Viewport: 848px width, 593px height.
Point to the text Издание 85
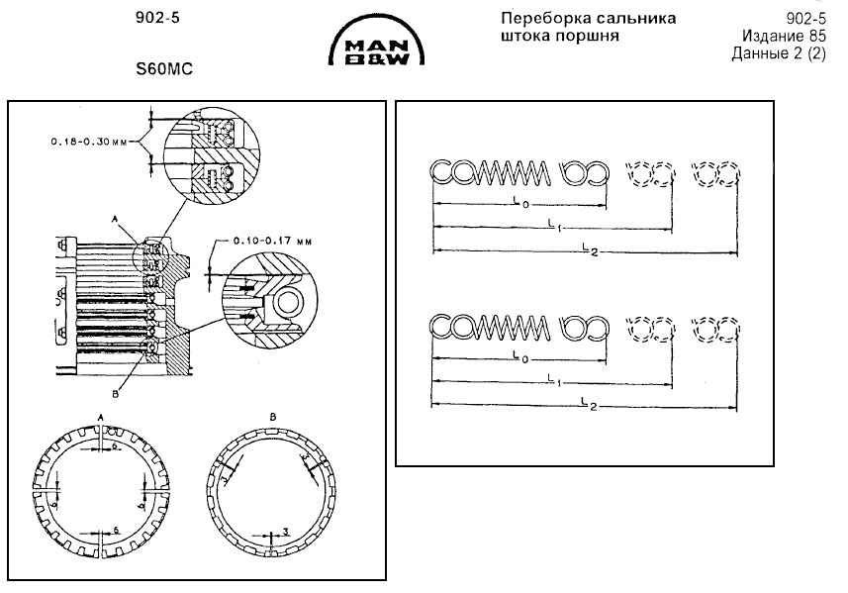[x=783, y=36]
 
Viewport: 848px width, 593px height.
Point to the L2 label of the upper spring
[x=587, y=247]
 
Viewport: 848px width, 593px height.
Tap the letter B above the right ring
[x=271, y=417]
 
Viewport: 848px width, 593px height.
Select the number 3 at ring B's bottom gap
[x=285, y=532]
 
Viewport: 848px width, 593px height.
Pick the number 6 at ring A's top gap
[x=115, y=447]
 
